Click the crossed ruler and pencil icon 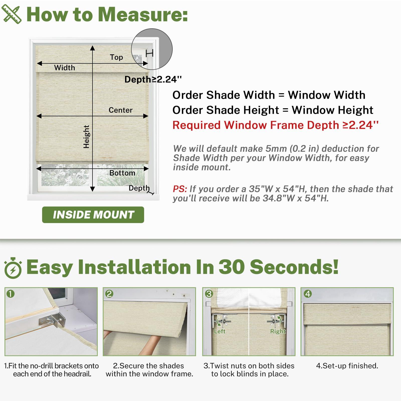11,15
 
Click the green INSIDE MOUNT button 93,215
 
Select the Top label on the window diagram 116,57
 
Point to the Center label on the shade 120,110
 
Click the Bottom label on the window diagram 122,173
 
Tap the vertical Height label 86,137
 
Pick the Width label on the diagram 64,68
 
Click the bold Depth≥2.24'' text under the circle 153,79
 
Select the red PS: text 180,189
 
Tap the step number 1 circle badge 11,293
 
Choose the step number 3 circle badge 209,293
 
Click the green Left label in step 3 220,331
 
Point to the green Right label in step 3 278,331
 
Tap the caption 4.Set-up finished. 347,366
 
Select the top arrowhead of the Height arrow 92,48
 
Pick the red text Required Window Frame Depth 256,125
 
